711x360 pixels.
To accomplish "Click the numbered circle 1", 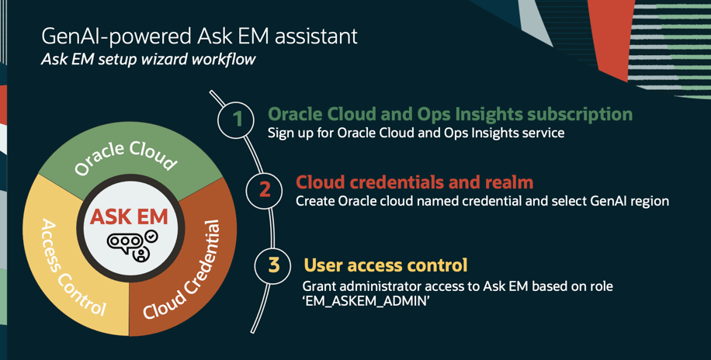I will (x=238, y=119).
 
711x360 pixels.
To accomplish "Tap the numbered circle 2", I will (x=265, y=189).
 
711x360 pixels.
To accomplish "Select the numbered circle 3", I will (x=273, y=265).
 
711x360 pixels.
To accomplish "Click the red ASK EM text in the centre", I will (x=129, y=216).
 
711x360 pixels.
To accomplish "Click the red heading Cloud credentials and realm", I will (x=414, y=182).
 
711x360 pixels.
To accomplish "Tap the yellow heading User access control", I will (x=385, y=265).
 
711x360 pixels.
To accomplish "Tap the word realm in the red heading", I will (x=508, y=182).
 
